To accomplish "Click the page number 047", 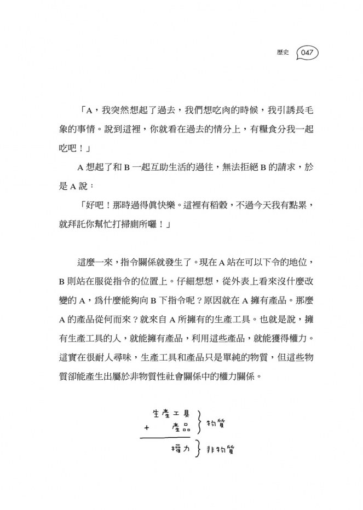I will coord(307,53).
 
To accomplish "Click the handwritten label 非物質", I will coord(223,449).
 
